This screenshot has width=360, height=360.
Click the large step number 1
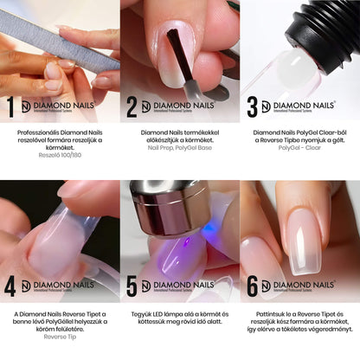pyautogui.click(x=10, y=106)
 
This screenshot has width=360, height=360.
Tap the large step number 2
pyautogui.click(x=132, y=106)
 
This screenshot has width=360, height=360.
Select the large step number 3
pyautogui.click(x=252, y=106)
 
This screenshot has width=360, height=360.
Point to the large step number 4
pyautogui.click(x=10, y=286)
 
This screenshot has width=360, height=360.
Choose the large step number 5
pyautogui.click(x=132, y=286)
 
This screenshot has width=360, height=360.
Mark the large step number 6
pyautogui.click(x=252, y=286)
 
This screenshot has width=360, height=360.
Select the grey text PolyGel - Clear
pyautogui.click(x=300, y=150)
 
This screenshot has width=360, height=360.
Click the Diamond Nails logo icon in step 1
pyautogui.click(x=26, y=106)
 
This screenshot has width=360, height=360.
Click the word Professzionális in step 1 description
pyautogui.click(x=38, y=132)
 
